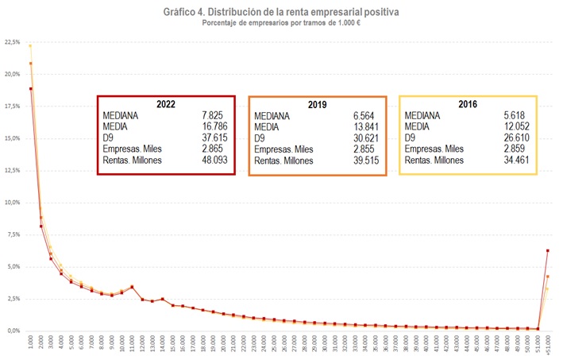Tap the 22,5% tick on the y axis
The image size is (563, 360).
point(13,42)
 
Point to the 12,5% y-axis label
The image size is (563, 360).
point(13,170)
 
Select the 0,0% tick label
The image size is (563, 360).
point(14,331)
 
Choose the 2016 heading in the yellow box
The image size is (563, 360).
point(467,104)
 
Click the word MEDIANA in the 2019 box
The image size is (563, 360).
point(275,116)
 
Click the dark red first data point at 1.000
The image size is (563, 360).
point(31,89)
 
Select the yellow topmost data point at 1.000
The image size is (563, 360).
point(31,46)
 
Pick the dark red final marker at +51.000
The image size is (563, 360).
point(548,250)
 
